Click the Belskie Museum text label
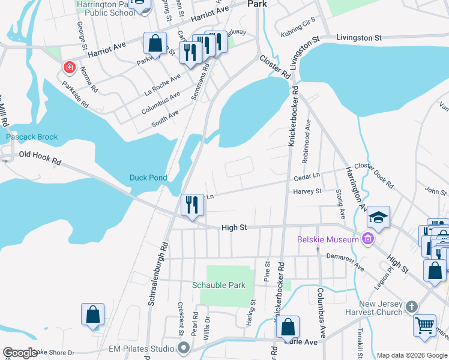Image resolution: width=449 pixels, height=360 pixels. (x=327, y=240)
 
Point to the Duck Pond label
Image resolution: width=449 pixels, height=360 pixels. (x=148, y=178)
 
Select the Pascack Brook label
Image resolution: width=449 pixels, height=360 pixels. (x=32, y=137)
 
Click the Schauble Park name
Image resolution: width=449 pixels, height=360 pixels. (x=218, y=285)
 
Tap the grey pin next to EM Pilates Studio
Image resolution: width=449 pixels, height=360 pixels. (x=184, y=348)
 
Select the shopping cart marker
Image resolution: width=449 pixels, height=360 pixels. (x=425, y=325)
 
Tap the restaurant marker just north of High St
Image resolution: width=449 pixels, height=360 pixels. (x=193, y=205)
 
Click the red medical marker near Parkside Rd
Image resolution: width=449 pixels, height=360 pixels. (x=70, y=67)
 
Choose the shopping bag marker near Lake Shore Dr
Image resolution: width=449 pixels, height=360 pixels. (x=92, y=314)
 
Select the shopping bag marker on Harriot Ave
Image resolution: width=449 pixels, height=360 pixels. (x=155, y=43)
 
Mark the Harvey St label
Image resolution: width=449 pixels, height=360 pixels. (x=307, y=191)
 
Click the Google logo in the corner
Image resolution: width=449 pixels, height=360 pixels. (x=20, y=353)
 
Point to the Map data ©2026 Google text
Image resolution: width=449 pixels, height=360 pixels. (x=411, y=355)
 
